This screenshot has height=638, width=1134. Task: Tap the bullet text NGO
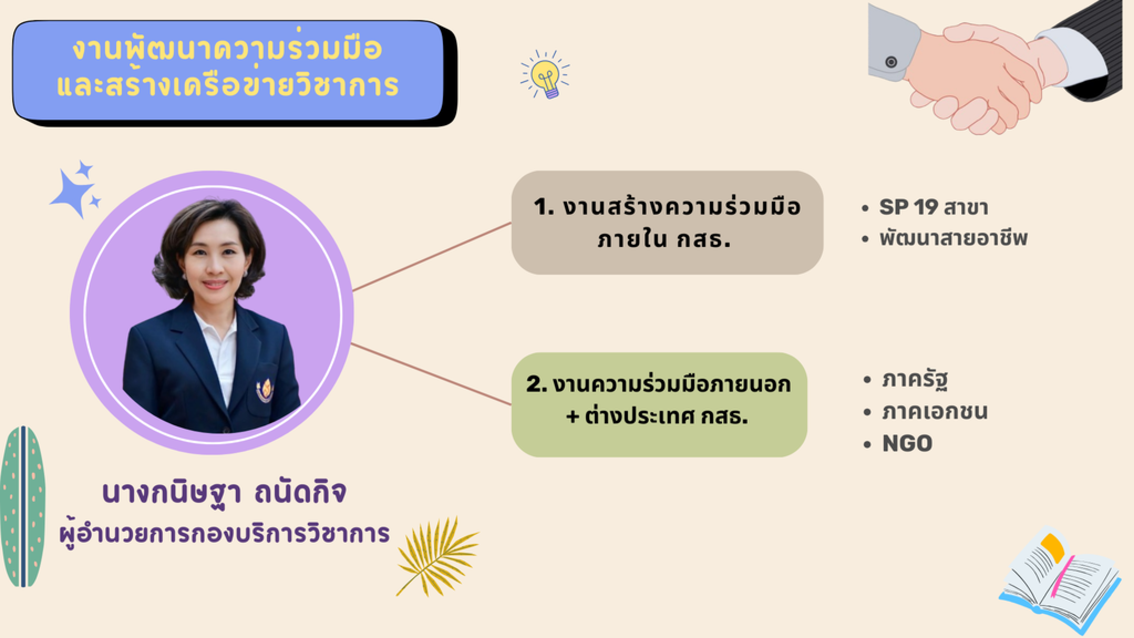907,443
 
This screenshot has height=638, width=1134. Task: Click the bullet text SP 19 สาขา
934,207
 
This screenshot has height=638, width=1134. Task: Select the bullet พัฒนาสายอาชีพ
953,238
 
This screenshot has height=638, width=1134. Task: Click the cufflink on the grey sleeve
891,62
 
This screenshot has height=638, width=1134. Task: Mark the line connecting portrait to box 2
431,374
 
